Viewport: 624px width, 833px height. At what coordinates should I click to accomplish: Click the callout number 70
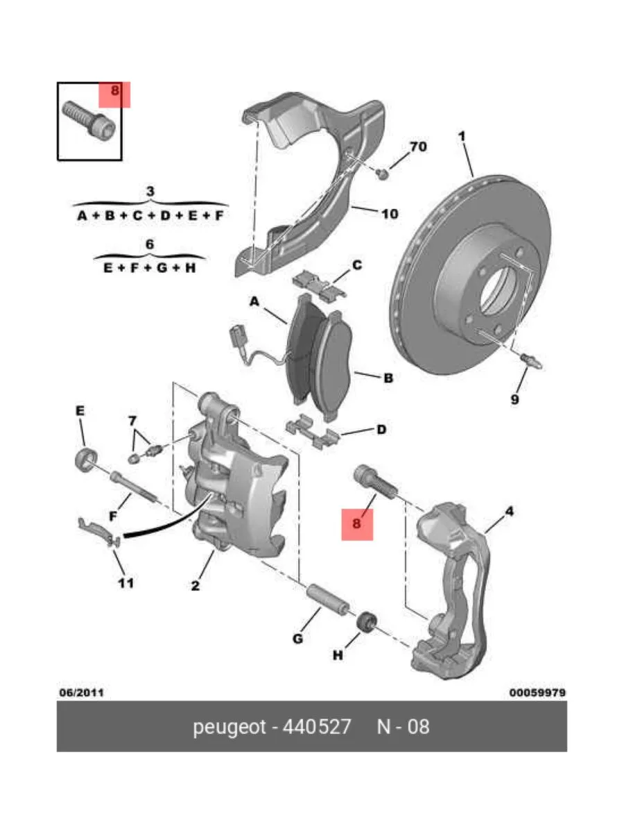[418, 147]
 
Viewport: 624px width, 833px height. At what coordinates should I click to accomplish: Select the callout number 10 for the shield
[390, 213]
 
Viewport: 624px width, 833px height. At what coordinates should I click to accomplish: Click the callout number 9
[514, 399]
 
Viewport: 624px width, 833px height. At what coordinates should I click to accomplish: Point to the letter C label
[357, 264]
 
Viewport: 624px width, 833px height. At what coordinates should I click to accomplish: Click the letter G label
[297, 638]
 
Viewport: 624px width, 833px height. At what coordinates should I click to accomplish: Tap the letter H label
[338, 655]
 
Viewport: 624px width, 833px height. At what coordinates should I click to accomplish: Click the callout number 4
[509, 512]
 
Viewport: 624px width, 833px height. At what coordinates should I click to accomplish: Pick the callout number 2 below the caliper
[196, 587]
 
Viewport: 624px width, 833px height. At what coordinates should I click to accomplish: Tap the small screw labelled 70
[381, 172]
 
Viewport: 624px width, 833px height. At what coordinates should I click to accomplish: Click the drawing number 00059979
[538, 693]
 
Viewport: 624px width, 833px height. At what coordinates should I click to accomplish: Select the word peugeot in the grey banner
[229, 727]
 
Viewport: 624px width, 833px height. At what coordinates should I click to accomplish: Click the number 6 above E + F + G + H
[150, 244]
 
